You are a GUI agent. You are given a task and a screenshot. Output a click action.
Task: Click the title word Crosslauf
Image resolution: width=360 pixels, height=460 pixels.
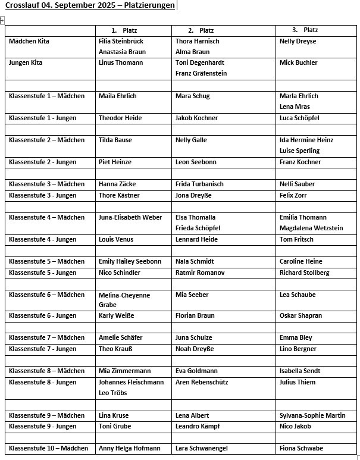pyautogui.click(x=23, y=6)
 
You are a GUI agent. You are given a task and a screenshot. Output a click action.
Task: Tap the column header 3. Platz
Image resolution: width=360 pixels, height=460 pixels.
pyautogui.click(x=305, y=30)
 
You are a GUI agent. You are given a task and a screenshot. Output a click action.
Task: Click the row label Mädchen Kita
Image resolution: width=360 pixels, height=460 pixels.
pyautogui.click(x=29, y=42)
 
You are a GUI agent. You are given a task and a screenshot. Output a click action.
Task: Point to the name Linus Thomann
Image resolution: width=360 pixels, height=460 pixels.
pyautogui.click(x=121, y=63)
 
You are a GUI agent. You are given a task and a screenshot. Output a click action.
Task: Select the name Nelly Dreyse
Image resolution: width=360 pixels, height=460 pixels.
pyautogui.click(x=298, y=42)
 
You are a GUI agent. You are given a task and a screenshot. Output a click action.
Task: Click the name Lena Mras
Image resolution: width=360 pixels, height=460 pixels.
pyautogui.click(x=295, y=107)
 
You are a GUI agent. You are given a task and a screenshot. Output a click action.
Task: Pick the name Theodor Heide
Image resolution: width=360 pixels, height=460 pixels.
pyautogui.click(x=120, y=118)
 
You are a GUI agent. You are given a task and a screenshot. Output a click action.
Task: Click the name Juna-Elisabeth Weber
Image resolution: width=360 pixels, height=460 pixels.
pyautogui.click(x=130, y=218)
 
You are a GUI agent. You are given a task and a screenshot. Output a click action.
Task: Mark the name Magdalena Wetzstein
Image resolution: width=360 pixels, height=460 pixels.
pyautogui.click(x=311, y=229)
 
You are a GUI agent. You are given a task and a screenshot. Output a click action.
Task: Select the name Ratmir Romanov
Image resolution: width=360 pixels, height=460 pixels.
pyautogui.click(x=200, y=273)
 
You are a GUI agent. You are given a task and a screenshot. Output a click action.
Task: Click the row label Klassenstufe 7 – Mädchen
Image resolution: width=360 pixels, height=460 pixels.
pyautogui.click(x=47, y=338)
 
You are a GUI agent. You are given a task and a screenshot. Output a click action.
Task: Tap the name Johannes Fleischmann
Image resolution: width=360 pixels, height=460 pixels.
pyautogui.click(x=131, y=383)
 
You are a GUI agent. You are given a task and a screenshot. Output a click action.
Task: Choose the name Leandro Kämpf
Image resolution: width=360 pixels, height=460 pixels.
pyautogui.click(x=198, y=427)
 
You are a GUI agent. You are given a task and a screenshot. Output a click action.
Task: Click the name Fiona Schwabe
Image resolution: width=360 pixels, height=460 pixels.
pyautogui.click(x=301, y=449)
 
